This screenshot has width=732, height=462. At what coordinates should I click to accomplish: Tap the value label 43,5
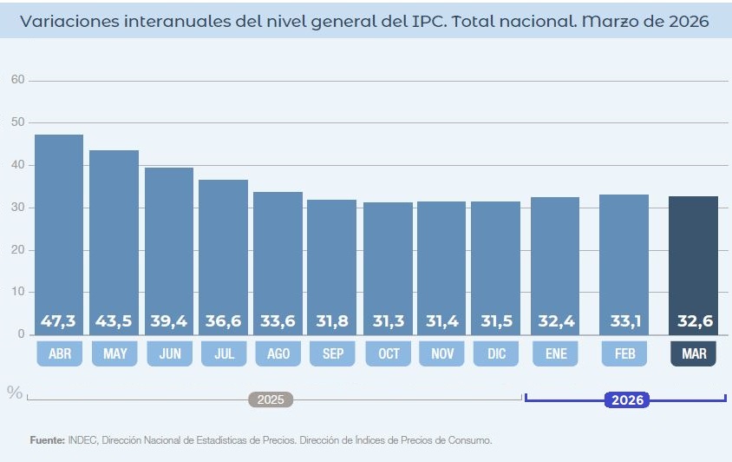point(114,321)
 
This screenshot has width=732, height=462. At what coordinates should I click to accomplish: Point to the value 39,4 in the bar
point(168,321)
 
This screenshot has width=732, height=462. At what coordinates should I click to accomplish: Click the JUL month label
point(224,353)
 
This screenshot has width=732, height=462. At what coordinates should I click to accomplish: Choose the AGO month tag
point(278,353)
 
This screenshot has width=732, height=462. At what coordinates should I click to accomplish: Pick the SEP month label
point(332,353)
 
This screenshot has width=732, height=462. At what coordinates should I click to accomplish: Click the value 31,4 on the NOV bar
point(441,321)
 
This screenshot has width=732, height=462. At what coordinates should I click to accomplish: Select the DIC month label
point(495,353)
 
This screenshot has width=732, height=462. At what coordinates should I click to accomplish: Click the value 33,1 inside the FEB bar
point(624,321)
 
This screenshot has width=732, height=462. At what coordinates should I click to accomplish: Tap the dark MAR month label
point(693,353)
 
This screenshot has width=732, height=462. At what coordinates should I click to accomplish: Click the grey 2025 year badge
point(271,400)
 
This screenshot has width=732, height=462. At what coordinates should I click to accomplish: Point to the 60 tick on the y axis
point(17,80)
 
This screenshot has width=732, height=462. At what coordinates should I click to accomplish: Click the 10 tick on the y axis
point(17,292)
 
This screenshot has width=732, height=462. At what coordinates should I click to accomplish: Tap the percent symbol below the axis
point(15,393)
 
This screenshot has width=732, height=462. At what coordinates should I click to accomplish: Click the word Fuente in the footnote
point(46,440)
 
